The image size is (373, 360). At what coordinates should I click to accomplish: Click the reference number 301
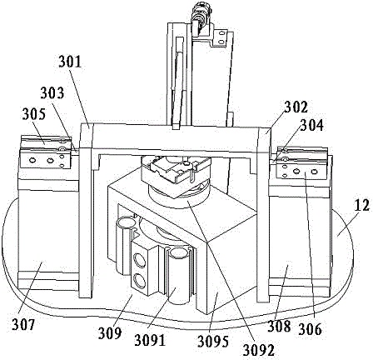(x=70, y=62)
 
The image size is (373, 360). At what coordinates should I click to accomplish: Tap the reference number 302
(x=296, y=107)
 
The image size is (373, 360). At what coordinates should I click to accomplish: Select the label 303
(x=52, y=93)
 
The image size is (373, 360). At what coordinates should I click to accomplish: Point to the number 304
(x=312, y=125)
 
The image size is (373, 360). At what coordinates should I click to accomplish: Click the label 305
(x=33, y=114)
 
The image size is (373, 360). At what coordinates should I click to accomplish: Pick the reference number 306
(x=310, y=330)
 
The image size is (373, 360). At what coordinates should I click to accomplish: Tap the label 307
(x=23, y=324)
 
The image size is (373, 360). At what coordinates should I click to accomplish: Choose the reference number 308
(x=279, y=326)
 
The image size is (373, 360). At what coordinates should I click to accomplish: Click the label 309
(x=110, y=333)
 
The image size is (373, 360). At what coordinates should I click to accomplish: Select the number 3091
(x=150, y=340)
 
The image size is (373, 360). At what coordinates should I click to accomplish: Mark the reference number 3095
(x=213, y=342)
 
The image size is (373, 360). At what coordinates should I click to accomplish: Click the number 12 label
(x=362, y=206)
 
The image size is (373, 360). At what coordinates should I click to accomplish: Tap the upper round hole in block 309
(x=139, y=261)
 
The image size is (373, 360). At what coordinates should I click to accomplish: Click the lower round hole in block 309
(x=140, y=280)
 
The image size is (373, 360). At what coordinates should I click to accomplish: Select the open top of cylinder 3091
(x=177, y=252)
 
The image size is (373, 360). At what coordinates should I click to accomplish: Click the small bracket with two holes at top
(x=221, y=37)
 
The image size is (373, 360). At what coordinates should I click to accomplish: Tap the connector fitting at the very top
(x=201, y=17)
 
